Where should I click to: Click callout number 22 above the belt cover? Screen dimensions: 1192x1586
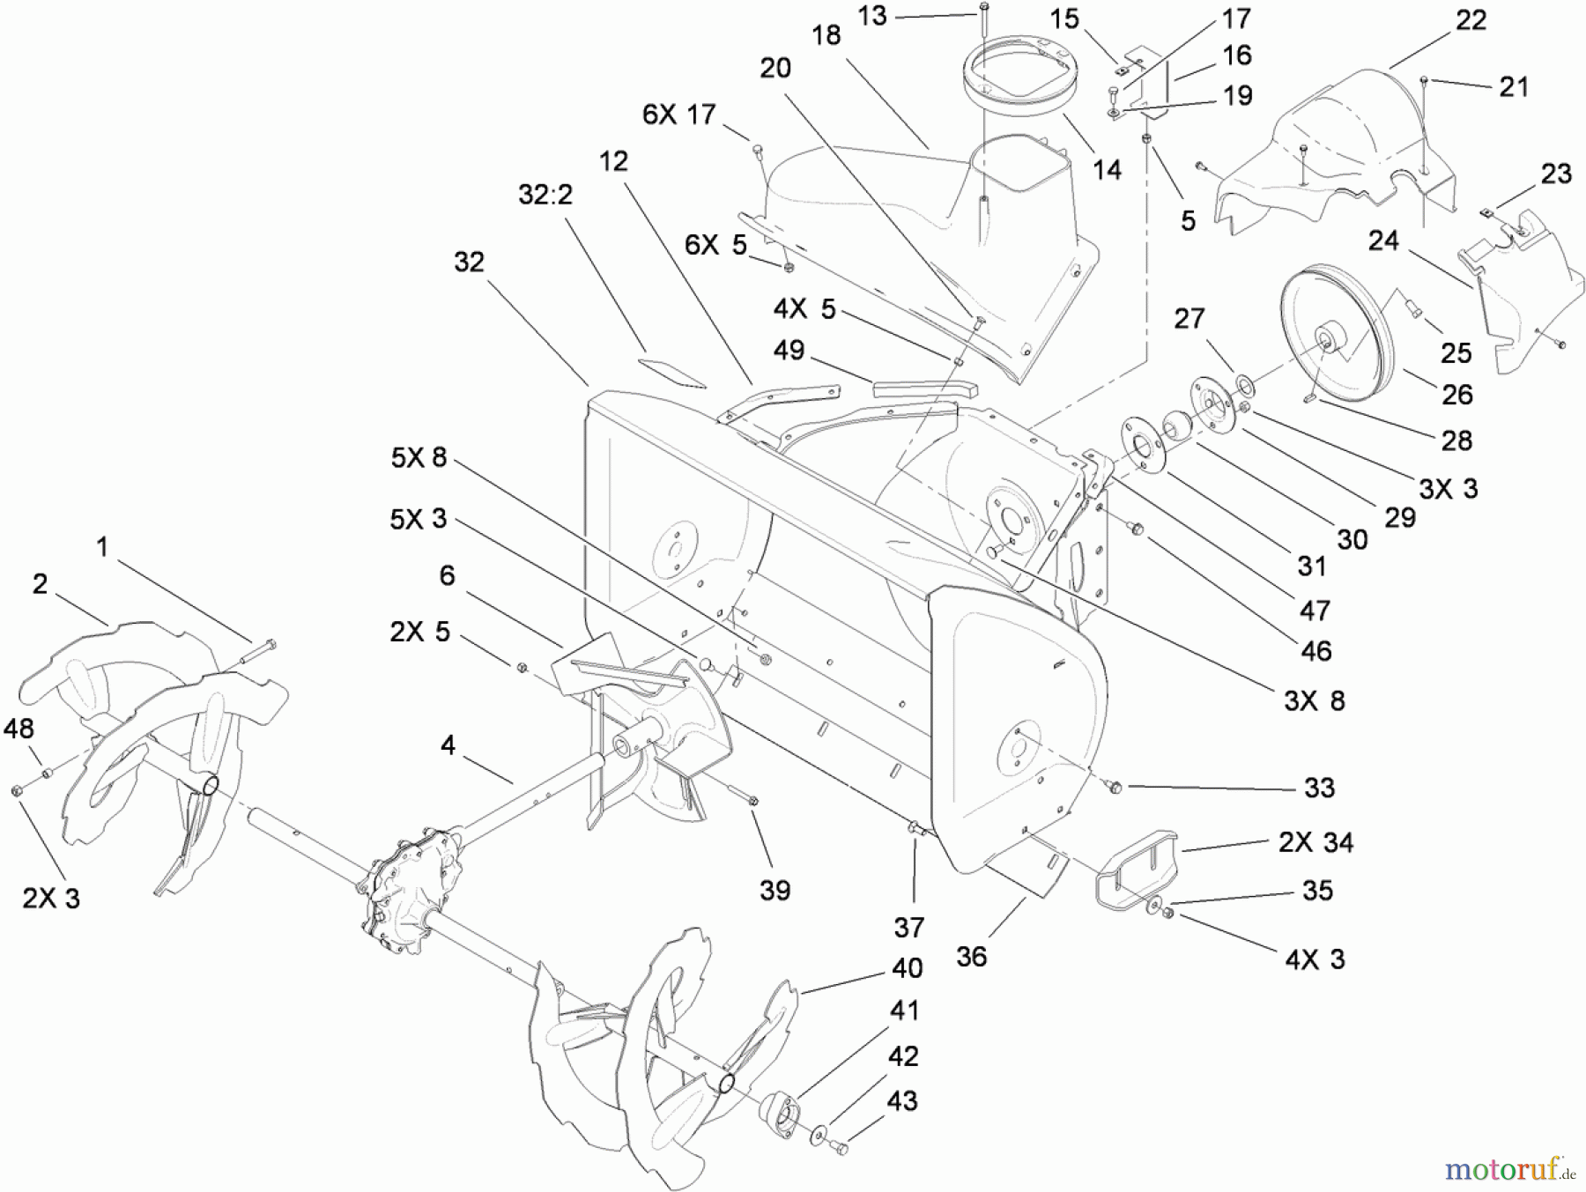[1471, 19]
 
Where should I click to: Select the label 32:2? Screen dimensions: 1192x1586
[545, 195]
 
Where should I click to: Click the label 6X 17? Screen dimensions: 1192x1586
[678, 115]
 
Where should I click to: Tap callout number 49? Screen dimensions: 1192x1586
[789, 350]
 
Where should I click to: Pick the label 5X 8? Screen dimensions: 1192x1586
[419, 457]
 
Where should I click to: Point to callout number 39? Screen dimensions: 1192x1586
[774, 890]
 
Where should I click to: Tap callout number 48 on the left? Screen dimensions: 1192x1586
[19, 728]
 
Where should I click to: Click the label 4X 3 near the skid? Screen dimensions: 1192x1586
[1315, 959]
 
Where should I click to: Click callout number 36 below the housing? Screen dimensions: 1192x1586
[971, 956]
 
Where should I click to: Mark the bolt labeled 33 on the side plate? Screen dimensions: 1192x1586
[1115, 786]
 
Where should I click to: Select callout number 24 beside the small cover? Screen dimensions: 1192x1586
[1383, 241]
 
